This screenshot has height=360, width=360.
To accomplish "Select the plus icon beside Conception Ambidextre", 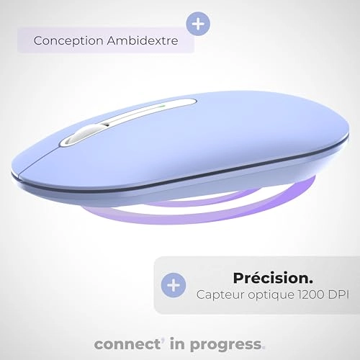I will point(199,23).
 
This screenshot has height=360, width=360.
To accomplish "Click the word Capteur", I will point(217,294).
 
